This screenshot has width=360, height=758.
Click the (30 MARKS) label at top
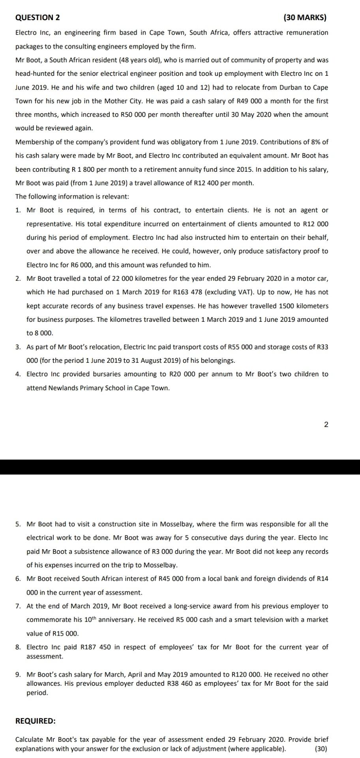(305, 18)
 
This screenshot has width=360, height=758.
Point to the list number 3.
(18, 347)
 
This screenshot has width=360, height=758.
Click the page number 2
(326, 425)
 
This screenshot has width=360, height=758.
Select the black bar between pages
(180, 467)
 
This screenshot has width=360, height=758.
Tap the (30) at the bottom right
(321, 749)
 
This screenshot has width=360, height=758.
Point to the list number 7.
(18, 606)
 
